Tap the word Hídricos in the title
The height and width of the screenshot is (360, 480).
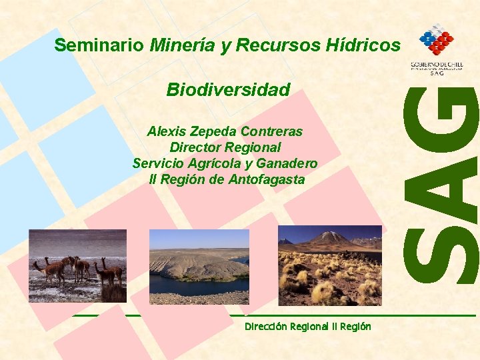(x=363, y=45)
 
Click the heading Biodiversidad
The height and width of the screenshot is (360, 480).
(x=228, y=89)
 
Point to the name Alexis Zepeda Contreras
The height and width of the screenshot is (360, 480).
(x=225, y=131)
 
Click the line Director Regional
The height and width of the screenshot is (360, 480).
(x=225, y=147)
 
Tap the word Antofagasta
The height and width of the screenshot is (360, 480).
(x=267, y=179)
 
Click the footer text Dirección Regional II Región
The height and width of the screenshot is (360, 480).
(x=307, y=327)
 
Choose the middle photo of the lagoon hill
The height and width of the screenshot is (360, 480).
(x=199, y=267)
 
